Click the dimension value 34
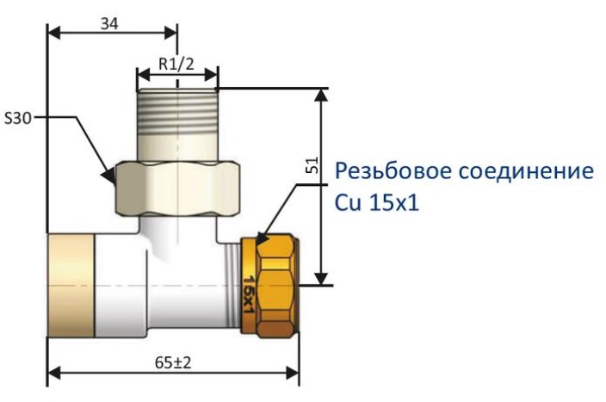pos(110,23)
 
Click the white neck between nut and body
pos(176,226)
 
